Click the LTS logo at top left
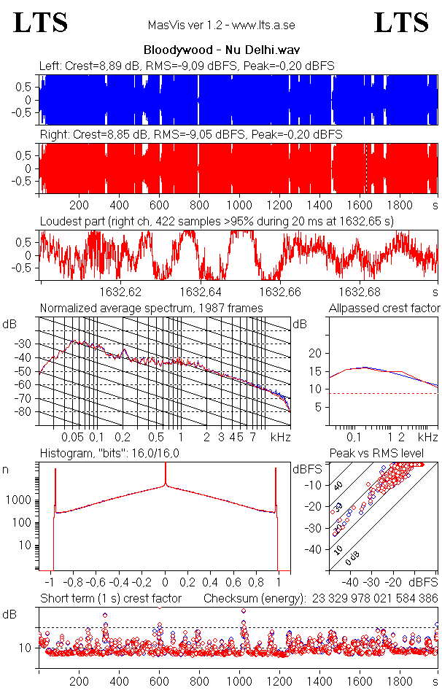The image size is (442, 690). tap(41, 23)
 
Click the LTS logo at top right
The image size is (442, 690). tap(401, 23)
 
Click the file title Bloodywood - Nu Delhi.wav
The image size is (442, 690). tap(220, 50)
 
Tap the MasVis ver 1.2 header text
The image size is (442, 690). tap(221, 26)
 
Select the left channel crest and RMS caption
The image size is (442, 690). tap(187, 66)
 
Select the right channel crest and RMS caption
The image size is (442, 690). tap(190, 134)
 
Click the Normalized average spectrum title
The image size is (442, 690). tap(151, 308)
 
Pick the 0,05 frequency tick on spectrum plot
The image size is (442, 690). tap(73, 437)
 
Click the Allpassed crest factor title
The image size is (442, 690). tap(384, 308)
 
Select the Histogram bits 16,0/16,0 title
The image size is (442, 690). tap(112, 454)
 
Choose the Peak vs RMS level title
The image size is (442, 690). tap(376, 454)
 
